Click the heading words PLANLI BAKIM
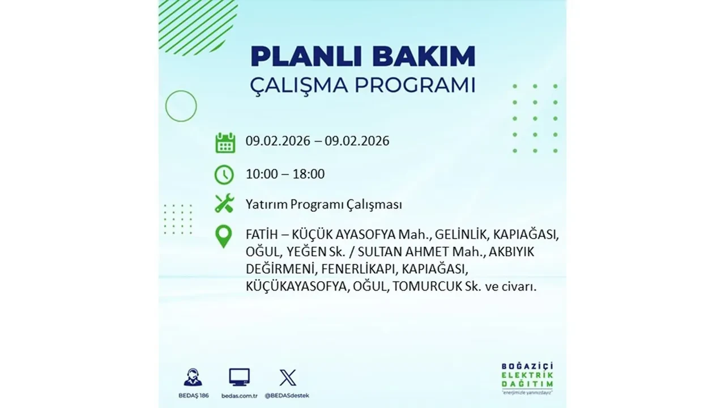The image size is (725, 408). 362,57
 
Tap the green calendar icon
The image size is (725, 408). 225,142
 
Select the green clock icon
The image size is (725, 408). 224,174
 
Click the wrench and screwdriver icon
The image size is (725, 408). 224,203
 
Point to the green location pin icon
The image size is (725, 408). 224,236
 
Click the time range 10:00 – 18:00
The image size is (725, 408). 285,174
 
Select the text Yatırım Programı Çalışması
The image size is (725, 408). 323,205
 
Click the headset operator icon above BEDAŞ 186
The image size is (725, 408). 193,377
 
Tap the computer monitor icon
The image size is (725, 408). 239,377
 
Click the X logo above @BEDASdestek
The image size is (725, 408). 288,377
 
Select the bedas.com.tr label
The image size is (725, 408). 239,395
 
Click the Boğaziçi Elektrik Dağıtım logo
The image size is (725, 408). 527,377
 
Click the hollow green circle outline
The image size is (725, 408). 181,106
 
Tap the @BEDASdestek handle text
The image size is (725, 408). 288,395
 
